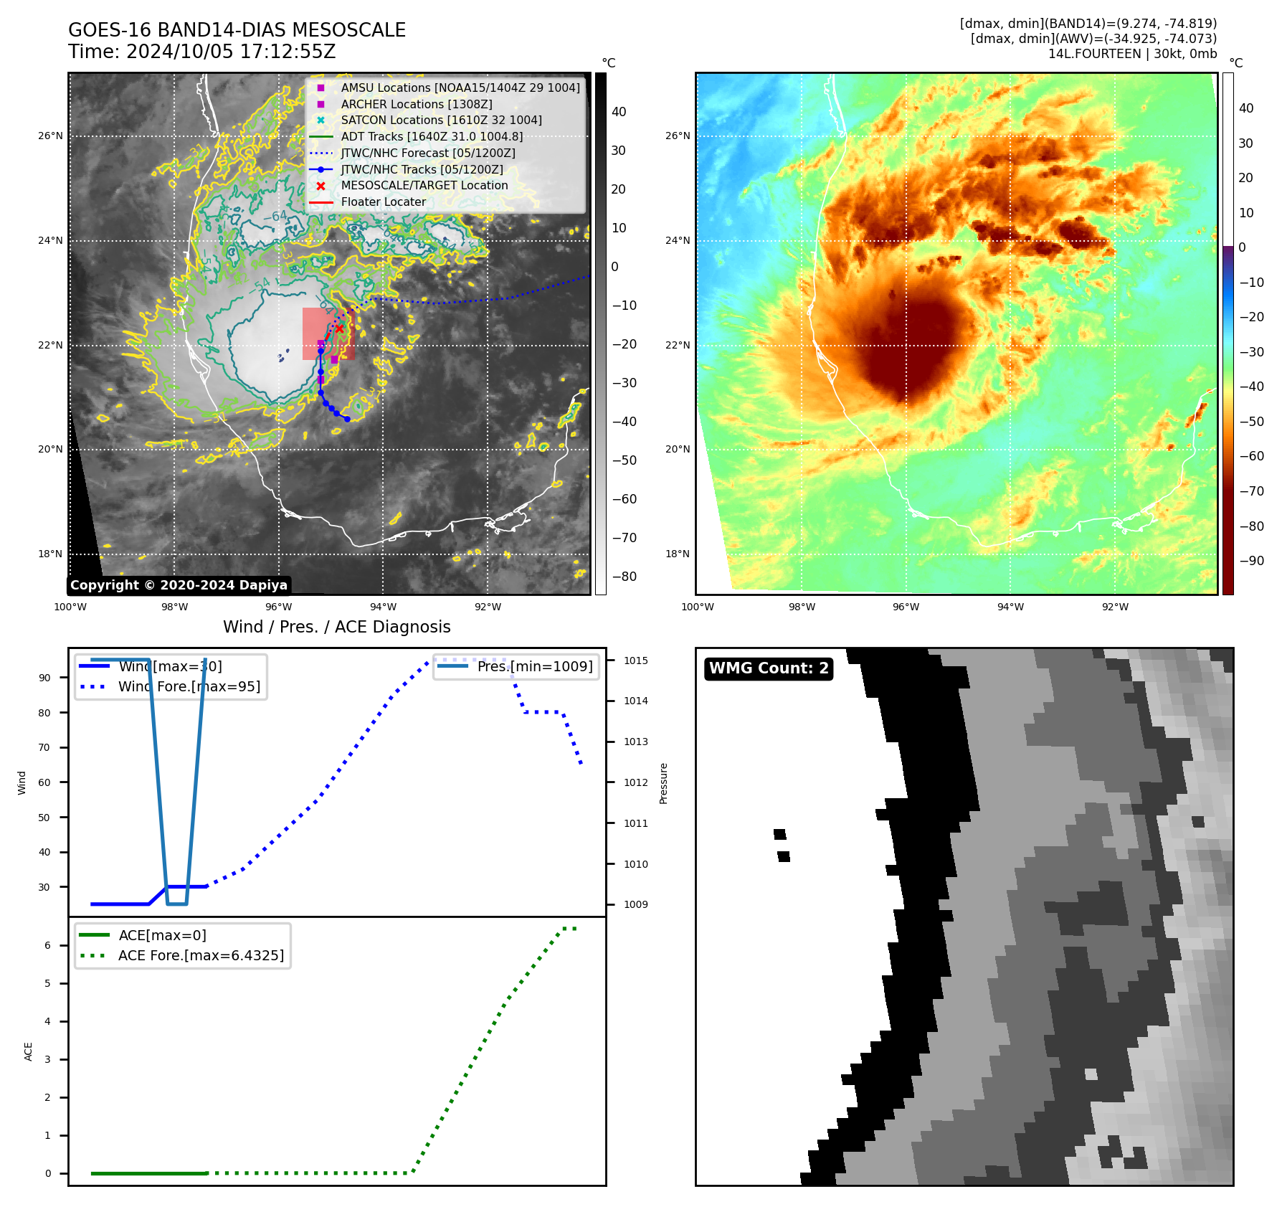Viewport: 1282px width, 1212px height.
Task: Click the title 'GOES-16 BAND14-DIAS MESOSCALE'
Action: pyautogui.click(x=237, y=30)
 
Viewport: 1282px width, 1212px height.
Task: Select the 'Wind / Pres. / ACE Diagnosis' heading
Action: pyautogui.click(x=336, y=627)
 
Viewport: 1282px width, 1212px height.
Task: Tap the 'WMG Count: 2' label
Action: pyautogui.click(x=768, y=668)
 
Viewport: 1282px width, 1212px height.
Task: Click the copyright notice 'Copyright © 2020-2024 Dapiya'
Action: pyautogui.click(x=179, y=585)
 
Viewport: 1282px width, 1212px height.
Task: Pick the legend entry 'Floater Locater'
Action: pyautogui.click(x=383, y=202)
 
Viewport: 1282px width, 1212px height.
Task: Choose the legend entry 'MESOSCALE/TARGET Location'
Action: pyautogui.click(x=424, y=186)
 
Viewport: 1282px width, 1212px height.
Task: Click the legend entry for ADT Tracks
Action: pyautogui.click(x=431, y=137)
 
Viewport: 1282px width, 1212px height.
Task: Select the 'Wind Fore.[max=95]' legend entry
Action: pyautogui.click(x=189, y=687)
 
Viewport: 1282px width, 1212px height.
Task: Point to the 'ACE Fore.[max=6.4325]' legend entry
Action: pyautogui.click(x=201, y=956)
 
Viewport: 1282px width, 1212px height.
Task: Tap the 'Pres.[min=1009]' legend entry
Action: pyautogui.click(x=534, y=667)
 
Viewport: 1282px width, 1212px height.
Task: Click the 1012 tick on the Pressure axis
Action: pyautogui.click(x=635, y=782)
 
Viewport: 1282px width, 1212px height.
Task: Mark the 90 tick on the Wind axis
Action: pyautogui.click(x=44, y=678)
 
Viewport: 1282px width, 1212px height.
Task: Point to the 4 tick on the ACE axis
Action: pyautogui.click(x=48, y=1021)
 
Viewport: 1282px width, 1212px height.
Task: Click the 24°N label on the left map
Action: pyautogui.click(x=50, y=241)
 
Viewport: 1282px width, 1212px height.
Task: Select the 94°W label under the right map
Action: pyautogui.click(x=1010, y=607)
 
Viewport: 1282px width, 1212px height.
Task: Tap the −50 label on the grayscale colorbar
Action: pyautogui.click(x=624, y=460)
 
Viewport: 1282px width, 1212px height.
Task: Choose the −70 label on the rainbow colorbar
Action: pyautogui.click(x=1251, y=491)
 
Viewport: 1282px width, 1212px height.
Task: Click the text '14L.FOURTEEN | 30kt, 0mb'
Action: pyautogui.click(x=1132, y=54)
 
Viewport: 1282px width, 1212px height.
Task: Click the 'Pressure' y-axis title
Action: pyautogui.click(x=663, y=783)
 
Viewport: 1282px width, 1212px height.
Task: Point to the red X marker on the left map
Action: pyautogui.click(x=340, y=328)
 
